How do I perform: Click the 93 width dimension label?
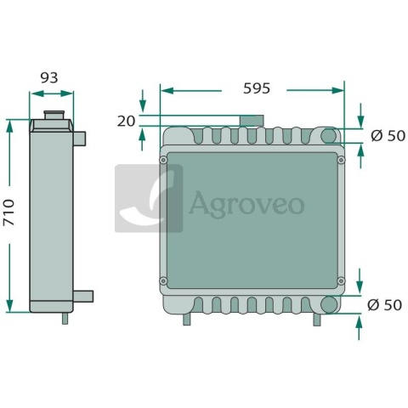coord(49,77)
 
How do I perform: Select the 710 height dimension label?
coord(8,212)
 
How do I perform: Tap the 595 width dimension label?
coord(257,88)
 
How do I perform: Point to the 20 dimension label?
coord(126,122)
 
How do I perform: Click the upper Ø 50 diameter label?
coord(388,136)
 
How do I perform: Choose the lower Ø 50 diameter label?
coord(384,305)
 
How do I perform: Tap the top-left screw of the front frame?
coord(163,160)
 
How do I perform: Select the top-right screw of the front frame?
coord(341,160)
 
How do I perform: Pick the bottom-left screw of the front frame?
coord(163,281)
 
